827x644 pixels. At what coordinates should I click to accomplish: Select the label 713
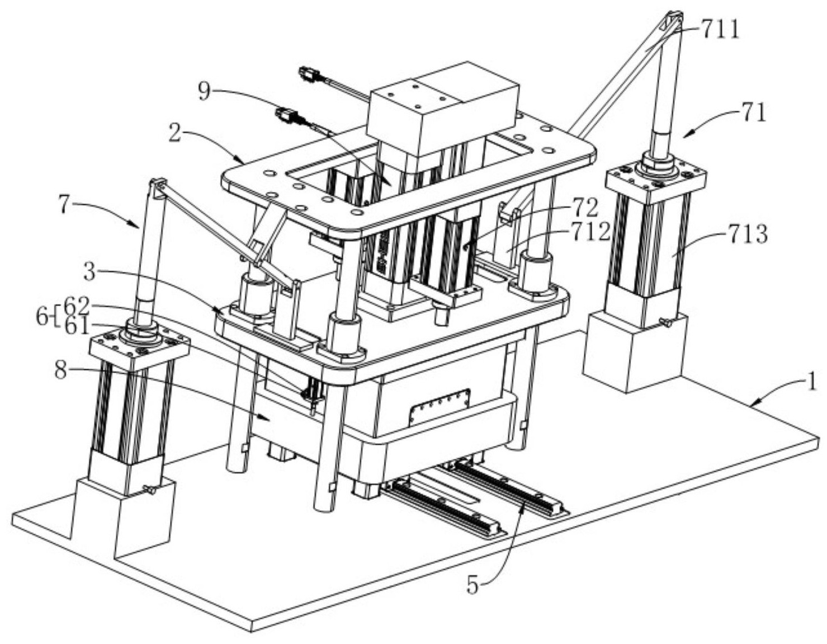coord(748,234)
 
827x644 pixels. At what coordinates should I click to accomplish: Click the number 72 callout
coord(584,208)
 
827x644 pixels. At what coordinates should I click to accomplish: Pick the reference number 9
coord(205,92)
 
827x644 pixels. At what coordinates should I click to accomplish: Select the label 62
coord(77,306)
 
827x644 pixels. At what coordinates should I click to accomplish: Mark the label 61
coord(77,326)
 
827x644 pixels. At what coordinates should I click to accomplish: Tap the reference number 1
coord(810,383)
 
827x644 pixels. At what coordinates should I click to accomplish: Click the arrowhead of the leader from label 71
coord(686,134)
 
